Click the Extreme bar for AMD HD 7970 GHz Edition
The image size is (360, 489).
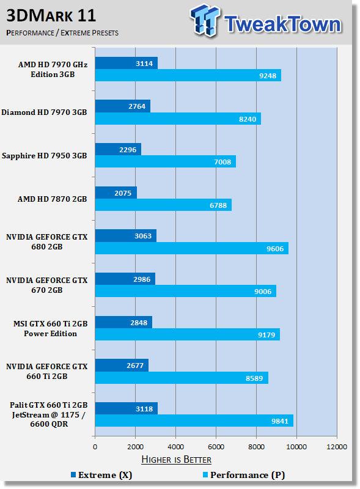127,63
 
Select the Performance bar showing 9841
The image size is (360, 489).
194,421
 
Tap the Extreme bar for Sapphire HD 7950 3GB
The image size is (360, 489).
118,149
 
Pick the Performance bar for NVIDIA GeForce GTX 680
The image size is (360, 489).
192,248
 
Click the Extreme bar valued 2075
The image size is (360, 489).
116,193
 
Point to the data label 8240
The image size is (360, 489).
248,119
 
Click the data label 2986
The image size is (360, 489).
142,279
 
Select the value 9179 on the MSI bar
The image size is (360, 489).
266,335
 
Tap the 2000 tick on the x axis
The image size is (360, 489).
136,447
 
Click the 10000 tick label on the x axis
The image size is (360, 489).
296,447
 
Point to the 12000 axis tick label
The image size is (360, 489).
337,447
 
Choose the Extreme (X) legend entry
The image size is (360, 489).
101,475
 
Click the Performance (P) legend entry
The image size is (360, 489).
244,475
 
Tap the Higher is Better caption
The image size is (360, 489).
176,460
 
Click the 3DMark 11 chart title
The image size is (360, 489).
51,16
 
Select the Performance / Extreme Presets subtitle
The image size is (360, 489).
62,33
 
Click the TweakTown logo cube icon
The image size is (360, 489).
205,20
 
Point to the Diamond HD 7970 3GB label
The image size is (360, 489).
44,112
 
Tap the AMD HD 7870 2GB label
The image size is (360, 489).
52,199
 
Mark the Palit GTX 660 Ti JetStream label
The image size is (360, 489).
49,414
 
